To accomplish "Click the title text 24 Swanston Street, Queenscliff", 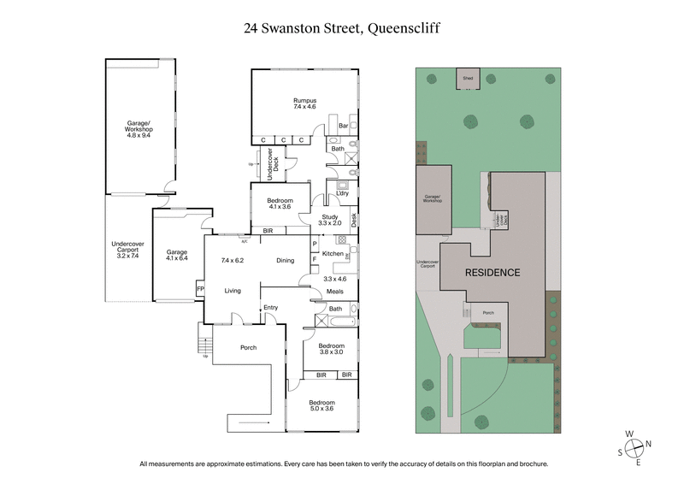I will click(342, 29).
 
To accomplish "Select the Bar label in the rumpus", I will click(343, 126).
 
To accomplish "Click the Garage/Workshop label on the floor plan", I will click(139, 131).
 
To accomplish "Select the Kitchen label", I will click(333, 254).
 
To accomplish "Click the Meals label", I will click(336, 292).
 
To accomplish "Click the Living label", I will click(233, 291).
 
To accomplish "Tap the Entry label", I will click(271, 308).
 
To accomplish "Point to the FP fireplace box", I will click(200, 290).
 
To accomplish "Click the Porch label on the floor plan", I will click(248, 347).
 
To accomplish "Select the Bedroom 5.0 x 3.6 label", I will click(321, 405).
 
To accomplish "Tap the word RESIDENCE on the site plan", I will click(492, 273).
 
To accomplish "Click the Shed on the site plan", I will click(468, 78).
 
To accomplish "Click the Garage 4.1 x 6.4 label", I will click(176, 256).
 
